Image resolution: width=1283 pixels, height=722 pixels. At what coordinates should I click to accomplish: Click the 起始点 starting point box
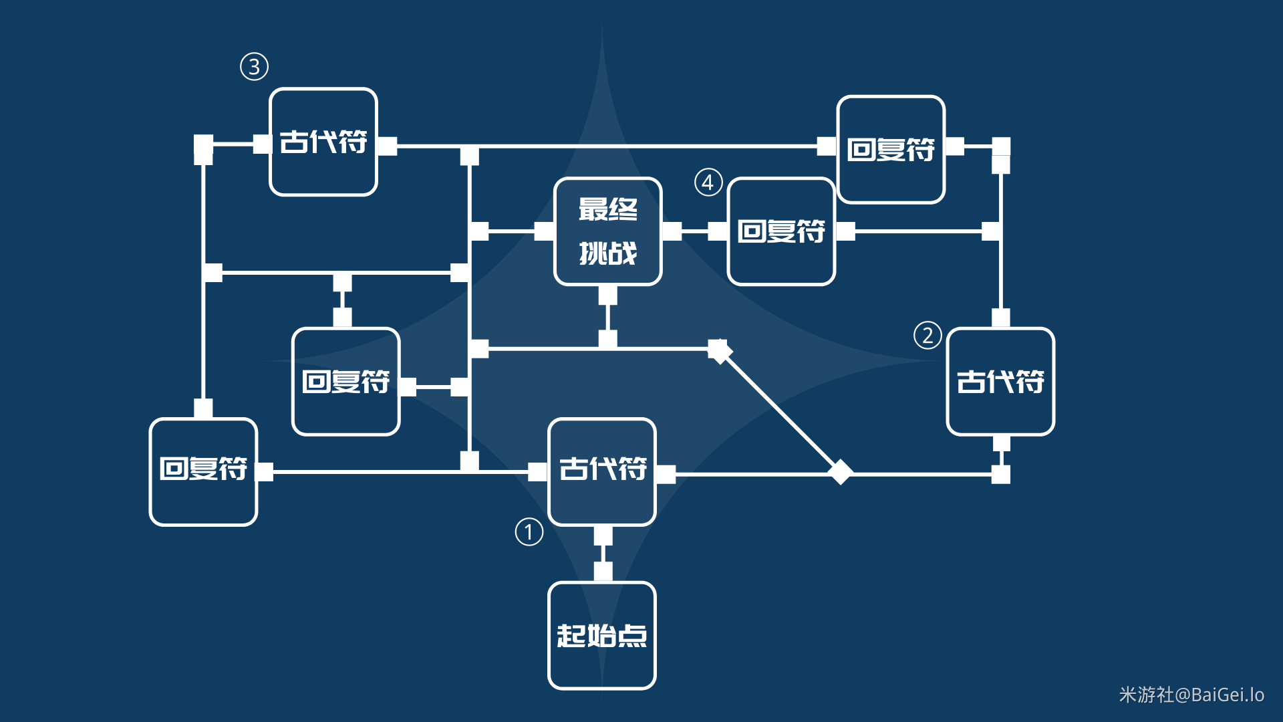coord(601,635)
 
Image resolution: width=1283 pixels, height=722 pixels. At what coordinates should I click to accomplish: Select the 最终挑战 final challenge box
coord(607,231)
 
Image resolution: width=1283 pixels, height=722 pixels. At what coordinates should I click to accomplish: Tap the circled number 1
coord(529,532)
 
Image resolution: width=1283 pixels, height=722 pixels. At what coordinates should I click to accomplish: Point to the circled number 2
coord(928,335)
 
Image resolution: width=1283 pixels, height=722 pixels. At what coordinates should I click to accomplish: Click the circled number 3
coord(254,67)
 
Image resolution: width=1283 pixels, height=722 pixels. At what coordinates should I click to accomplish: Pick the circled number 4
coord(708,182)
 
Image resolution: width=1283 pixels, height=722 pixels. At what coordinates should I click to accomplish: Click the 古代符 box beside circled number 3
coord(323,142)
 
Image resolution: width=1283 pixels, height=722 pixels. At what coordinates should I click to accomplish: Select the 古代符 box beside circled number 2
coord(1000,382)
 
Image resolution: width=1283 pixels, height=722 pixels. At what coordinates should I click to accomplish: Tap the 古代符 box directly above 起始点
coord(601,471)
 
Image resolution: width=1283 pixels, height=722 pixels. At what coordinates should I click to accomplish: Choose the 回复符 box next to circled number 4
coord(781,231)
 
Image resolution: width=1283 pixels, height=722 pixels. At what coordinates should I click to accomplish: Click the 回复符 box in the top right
coord(891,149)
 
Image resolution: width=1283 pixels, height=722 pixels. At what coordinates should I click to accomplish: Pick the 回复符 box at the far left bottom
coord(203,471)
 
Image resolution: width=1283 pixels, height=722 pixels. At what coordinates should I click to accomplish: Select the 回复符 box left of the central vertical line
coord(345,382)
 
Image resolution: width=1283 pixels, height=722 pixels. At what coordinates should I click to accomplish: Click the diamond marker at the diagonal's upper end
coord(720,351)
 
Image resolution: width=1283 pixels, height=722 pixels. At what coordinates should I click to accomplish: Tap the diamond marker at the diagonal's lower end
coord(840,472)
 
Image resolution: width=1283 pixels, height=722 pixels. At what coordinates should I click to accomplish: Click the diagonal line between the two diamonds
coord(780,411)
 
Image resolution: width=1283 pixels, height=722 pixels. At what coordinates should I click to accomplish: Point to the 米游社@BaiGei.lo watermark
coord(1191,695)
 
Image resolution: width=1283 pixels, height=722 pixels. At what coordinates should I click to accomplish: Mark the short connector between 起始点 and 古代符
coord(603,554)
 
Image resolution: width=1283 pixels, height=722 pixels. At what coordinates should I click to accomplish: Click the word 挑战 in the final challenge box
coord(607,254)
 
